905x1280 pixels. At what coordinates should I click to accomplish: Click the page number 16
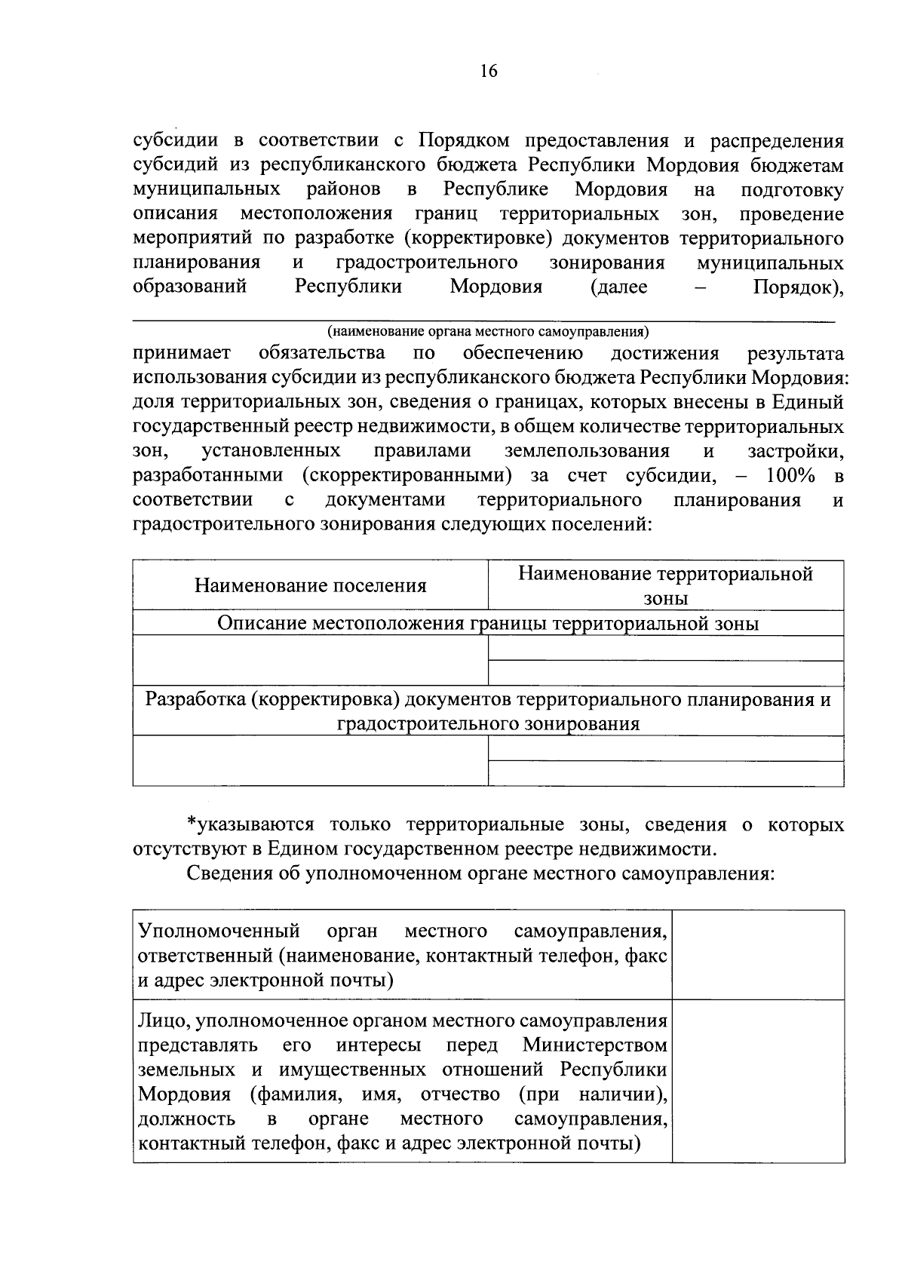click(488, 72)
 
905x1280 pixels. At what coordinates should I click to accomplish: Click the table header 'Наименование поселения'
click(310, 585)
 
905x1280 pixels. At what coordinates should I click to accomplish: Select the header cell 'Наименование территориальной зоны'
click(665, 585)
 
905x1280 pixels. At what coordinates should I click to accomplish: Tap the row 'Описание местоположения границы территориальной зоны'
click(488, 624)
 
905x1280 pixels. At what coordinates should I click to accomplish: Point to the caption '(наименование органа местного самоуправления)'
click(488, 331)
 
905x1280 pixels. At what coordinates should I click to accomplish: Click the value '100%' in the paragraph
click(790, 476)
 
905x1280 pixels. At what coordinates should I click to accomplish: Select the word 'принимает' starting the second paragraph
click(182, 353)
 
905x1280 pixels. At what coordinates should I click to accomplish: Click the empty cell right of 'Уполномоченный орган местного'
click(757, 955)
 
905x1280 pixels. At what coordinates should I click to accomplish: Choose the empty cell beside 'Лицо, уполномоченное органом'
click(757, 1081)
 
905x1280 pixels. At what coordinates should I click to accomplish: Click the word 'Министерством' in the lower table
click(594, 1045)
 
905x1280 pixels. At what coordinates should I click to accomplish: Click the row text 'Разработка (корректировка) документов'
click(488, 700)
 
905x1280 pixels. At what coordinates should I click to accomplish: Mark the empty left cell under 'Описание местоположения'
click(310, 661)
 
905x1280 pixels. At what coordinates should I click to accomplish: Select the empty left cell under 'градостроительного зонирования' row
click(310, 761)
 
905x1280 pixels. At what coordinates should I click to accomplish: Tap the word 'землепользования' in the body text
click(587, 451)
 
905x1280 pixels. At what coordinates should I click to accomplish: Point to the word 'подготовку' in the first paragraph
click(792, 189)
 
